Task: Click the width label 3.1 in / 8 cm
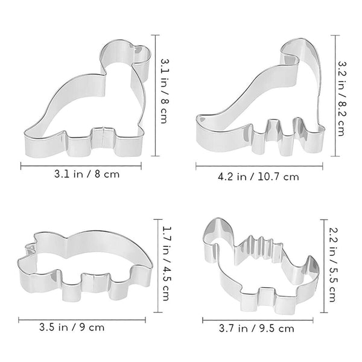pyautogui.click(x=81, y=175)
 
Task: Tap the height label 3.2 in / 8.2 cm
pyautogui.click(x=342, y=96)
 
